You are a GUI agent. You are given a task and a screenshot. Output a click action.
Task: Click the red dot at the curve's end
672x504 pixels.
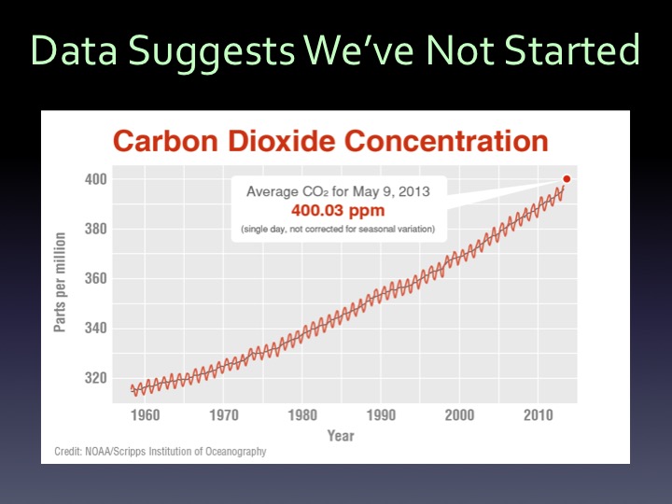(567, 179)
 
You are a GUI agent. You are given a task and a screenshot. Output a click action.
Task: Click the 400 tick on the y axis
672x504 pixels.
(96, 179)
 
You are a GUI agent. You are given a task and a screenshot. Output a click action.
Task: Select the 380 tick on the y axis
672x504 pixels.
(96, 229)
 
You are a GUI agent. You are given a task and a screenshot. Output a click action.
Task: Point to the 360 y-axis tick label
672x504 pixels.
(96, 279)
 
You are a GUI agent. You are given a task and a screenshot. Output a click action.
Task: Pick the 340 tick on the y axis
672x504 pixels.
(96, 329)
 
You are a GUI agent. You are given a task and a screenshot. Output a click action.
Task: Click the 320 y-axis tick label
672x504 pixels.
(96, 379)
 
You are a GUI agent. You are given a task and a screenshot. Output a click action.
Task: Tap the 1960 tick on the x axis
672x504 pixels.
(145, 415)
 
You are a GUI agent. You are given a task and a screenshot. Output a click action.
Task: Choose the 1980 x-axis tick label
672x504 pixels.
(302, 415)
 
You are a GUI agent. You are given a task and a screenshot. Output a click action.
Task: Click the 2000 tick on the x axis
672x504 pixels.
(460, 415)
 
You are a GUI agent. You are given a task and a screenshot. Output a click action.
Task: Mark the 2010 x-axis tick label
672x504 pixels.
(539, 415)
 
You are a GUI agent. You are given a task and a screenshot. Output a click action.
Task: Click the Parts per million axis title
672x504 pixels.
(61, 279)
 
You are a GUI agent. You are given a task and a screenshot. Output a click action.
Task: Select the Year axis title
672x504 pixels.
(340, 436)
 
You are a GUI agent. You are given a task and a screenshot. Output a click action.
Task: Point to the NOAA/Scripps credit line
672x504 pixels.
(155, 452)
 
